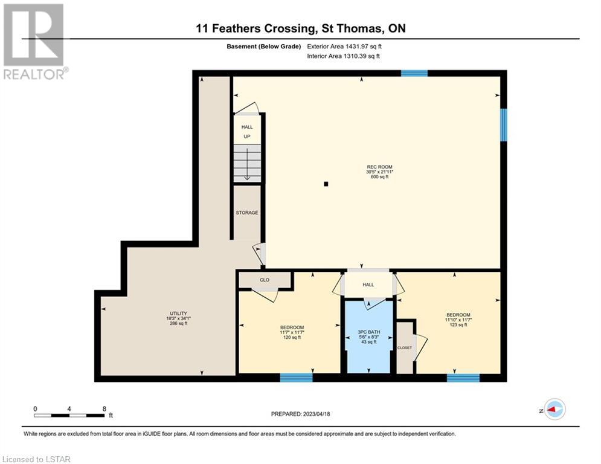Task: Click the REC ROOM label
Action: point(379,167)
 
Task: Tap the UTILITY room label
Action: point(179,314)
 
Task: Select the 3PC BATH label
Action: point(368,332)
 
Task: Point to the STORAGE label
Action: point(247,213)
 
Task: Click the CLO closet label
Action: point(265,280)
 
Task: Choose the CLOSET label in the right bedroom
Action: point(405,348)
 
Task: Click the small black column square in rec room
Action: point(326,184)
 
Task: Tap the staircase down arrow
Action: point(247,164)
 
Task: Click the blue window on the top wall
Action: point(414,73)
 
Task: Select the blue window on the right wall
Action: point(504,124)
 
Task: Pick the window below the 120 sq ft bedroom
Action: point(297,378)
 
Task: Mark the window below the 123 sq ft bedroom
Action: point(463,378)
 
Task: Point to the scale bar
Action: point(69,415)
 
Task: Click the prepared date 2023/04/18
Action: point(317,414)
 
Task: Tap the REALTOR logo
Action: point(34,42)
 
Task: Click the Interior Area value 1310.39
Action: point(355,56)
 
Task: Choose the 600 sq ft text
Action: point(379,177)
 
